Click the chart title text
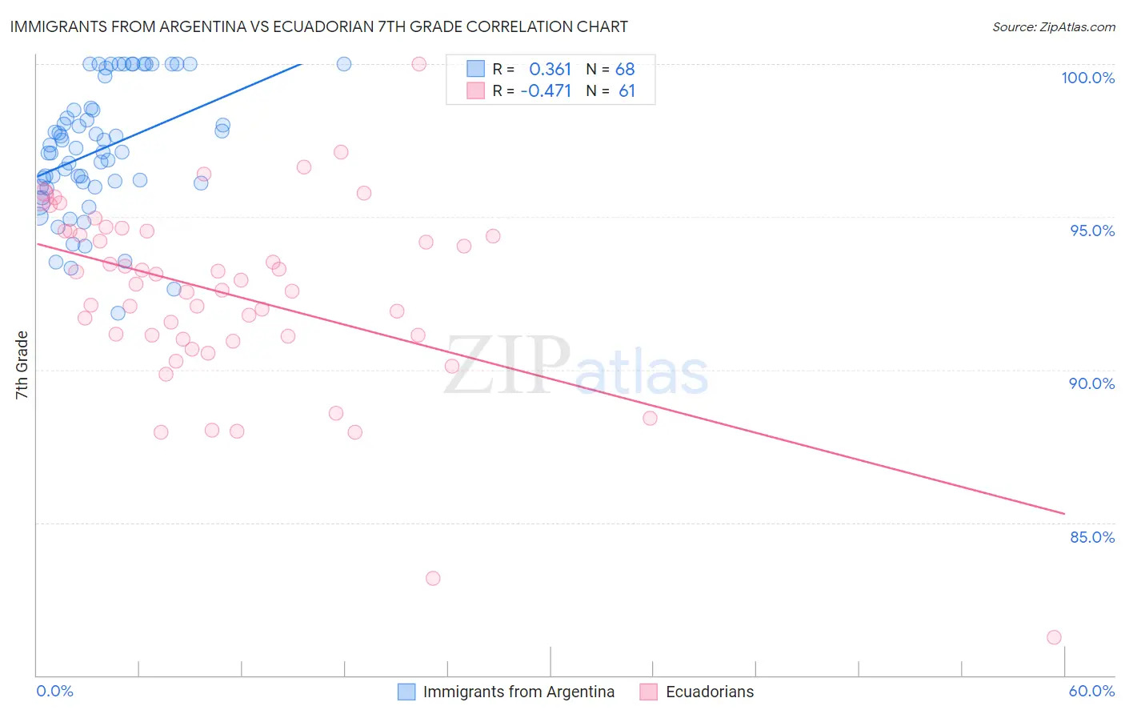coord(318,26)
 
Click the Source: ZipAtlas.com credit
coord(1053,26)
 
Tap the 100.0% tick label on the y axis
coord(1087,78)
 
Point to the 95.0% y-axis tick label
coord(1092,231)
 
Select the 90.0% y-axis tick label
coord(1091,383)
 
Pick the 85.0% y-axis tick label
coord(1092,537)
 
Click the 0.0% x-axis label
coord(54,691)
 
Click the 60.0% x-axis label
coord(1091,691)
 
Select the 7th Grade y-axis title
coord(22,365)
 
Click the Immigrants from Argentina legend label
coord(518,692)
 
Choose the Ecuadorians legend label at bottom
coord(710,692)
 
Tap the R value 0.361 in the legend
coord(550,70)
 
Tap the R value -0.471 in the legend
coord(546,91)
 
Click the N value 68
coord(625,70)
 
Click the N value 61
coord(627,91)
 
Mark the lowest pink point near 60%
coord(1054,637)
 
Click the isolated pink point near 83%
coord(433,578)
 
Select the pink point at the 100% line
coord(418,64)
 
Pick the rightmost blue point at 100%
coord(344,64)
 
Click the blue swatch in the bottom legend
coord(406,692)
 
